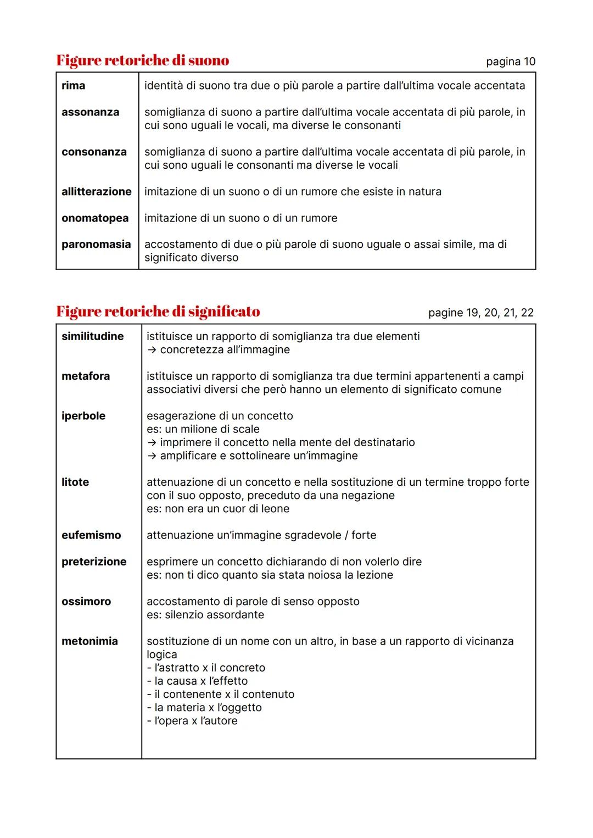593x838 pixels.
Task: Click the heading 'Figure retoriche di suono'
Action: click(143, 60)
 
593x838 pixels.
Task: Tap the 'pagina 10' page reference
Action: click(510, 62)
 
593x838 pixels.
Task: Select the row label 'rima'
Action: click(73, 86)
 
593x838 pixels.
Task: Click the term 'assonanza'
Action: click(90, 112)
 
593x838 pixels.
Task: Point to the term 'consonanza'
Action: click(94, 152)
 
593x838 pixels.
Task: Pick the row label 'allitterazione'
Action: click(97, 192)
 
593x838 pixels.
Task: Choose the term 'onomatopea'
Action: click(95, 218)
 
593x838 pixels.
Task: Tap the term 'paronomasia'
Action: click(96, 245)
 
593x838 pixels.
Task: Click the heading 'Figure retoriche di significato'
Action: click(158, 312)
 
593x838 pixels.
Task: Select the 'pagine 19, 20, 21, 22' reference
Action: click(480, 313)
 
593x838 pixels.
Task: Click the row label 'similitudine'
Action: click(93, 336)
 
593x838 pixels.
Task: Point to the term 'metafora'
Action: click(86, 376)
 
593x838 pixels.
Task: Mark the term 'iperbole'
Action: click(83, 416)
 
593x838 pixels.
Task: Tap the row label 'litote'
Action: click(75, 482)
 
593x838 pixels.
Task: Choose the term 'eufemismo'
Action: click(91, 535)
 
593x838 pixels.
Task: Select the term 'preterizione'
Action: click(94, 562)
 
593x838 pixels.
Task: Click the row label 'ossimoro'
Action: click(86, 602)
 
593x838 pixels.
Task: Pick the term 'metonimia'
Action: click(89, 641)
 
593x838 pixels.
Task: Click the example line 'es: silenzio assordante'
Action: click(205, 615)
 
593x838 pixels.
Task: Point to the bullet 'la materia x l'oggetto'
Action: click(204, 708)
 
